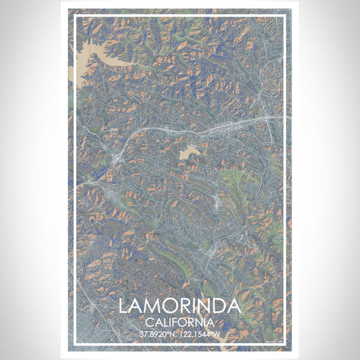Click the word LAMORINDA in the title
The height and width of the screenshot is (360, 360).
click(179, 305)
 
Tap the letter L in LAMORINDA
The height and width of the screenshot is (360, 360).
click(124, 305)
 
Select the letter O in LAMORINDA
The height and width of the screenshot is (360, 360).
click(169, 305)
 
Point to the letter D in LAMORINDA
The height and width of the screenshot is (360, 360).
click(218, 305)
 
